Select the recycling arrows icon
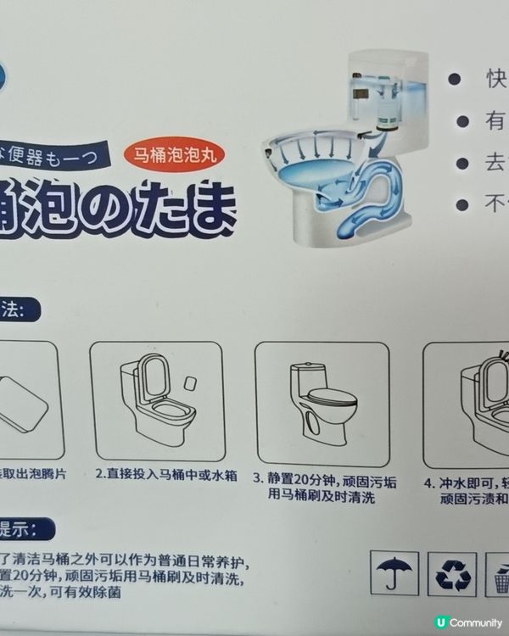[x=449, y=575]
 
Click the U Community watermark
[x=467, y=622]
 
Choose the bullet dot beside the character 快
[x=454, y=78]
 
